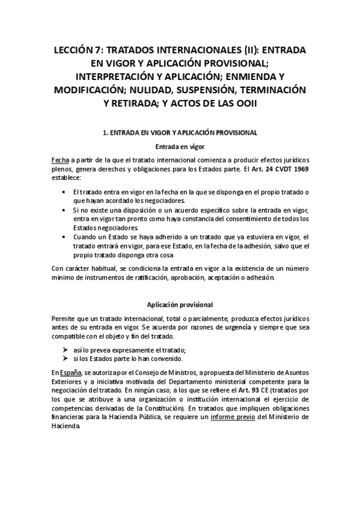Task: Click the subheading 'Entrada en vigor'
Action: pyautogui.click(x=180, y=146)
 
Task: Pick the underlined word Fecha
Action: pyautogui.click(x=61, y=161)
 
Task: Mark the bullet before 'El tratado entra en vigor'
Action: pyautogui.click(x=64, y=192)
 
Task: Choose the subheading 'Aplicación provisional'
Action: pyautogui.click(x=180, y=304)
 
